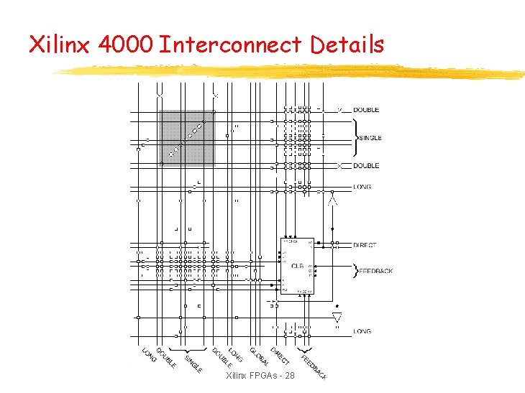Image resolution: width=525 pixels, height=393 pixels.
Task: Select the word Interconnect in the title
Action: coord(231,45)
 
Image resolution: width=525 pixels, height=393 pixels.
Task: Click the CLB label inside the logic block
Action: coord(297,265)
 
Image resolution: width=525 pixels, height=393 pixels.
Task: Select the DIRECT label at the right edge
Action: coord(365,245)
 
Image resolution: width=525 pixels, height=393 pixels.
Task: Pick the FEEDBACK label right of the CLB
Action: coord(375,271)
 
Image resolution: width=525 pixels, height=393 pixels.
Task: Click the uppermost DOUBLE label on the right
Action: coord(365,110)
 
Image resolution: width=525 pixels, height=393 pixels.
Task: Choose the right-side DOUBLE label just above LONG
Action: coord(365,166)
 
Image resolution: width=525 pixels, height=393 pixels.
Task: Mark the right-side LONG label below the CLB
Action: coord(362,331)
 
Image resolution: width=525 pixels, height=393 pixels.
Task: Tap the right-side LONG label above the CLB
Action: coord(362,187)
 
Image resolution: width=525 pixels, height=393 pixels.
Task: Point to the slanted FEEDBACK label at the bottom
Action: coord(314,367)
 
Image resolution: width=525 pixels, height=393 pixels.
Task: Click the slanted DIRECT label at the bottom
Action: coord(280,354)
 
